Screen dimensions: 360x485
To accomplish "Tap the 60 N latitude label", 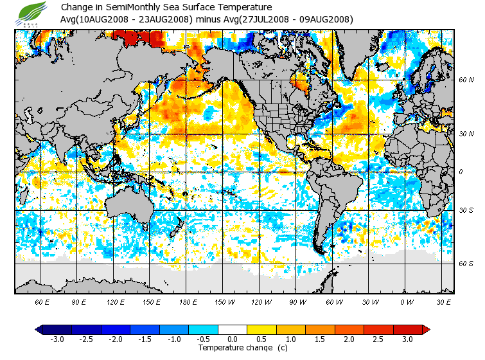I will pyautogui.click(x=466, y=80).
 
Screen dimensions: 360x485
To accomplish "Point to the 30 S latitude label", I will pyautogui.click(x=466, y=210).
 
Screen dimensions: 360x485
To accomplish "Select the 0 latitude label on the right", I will pyautogui.click(x=460, y=172).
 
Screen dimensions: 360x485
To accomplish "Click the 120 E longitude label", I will pyautogui.click(x=116, y=301).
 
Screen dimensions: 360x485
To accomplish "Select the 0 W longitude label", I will pyautogui.click(x=406, y=301).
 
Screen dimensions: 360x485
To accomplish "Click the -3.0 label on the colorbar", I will pyautogui.click(x=57, y=339).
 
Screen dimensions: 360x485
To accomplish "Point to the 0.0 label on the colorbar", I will pyautogui.click(x=233, y=339).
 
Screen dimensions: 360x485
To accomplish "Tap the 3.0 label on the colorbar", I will pyautogui.click(x=407, y=339).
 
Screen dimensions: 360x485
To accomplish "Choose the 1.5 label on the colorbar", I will pyautogui.click(x=320, y=339).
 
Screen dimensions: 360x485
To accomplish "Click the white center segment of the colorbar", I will pyautogui.click(x=233, y=330).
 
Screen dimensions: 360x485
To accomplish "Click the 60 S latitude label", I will pyautogui.click(x=466, y=264).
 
